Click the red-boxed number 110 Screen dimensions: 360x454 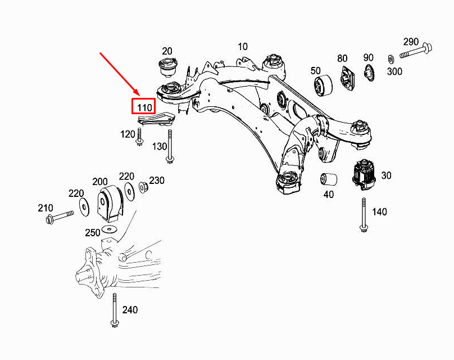(x=143, y=106)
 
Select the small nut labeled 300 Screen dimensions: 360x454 (x=391, y=58)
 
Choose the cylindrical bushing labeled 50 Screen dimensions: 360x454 (x=323, y=86)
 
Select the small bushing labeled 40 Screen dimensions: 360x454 (x=329, y=179)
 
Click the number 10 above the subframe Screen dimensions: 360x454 (x=242, y=47)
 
